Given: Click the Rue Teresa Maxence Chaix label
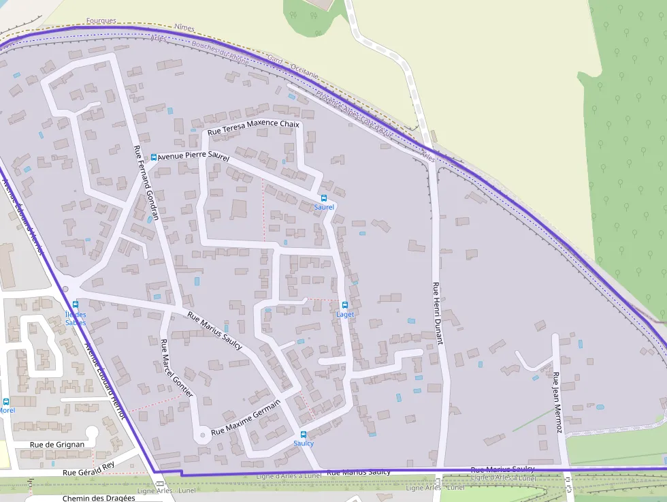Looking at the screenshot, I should pyautogui.click(x=253, y=127).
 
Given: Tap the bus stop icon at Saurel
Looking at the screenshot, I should pyautogui.click(x=324, y=198).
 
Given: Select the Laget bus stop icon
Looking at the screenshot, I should pyautogui.click(x=344, y=305).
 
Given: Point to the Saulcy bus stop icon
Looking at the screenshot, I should pyautogui.click(x=304, y=434).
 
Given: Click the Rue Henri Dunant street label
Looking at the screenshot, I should pyautogui.click(x=438, y=313).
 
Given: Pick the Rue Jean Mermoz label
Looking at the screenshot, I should pyautogui.click(x=557, y=402).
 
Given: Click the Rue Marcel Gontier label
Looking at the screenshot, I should pyautogui.click(x=176, y=368).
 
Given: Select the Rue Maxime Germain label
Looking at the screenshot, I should pyautogui.click(x=246, y=418).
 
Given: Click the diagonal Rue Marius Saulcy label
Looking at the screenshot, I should pyautogui.click(x=214, y=330).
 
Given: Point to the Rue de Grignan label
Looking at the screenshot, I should pyautogui.click(x=57, y=444).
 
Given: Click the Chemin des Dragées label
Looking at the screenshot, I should pyautogui.click(x=99, y=498).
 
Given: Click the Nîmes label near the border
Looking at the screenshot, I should pyautogui.click(x=184, y=27).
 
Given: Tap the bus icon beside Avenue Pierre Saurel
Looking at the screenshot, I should pyautogui.click(x=154, y=157).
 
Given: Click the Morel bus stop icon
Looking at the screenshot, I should pyautogui.click(x=6, y=402).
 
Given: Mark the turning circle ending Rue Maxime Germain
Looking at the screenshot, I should pyautogui.click(x=201, y=434).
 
